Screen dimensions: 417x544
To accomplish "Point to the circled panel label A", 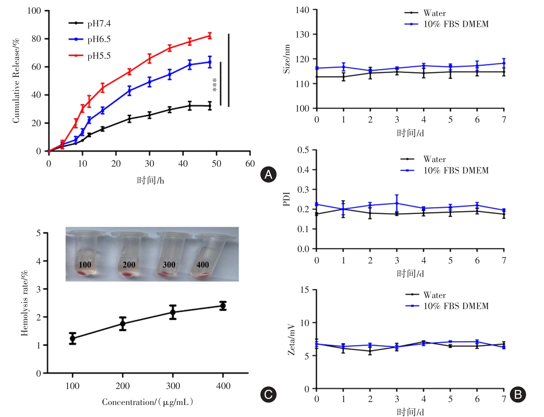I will click(x=268, y=174).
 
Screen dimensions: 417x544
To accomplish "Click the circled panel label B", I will click(x=518, y=395).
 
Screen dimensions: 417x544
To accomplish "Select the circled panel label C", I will click(x=268, y=395).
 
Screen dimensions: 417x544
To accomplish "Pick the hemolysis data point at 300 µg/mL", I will click(x=173, y=312).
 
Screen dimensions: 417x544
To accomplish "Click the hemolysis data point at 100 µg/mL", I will click(x=72, y=338).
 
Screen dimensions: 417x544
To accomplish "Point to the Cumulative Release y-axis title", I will click(x=16, y=81).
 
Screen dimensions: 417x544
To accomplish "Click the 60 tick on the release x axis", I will click(x=250, y=164).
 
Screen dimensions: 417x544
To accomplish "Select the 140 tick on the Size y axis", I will click(x=302, y=10).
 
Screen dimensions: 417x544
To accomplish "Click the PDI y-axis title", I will click(x=287, y=199).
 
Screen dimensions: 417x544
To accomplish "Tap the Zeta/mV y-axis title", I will click(x=291, y=339).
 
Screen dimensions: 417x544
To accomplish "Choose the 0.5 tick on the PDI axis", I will click(x=303, y=150).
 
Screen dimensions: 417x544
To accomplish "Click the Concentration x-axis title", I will click(x=148, y=402).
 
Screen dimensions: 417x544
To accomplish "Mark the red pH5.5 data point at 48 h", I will click(x=210, y=36).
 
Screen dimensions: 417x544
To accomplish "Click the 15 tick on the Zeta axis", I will click(x=304, y=290).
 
